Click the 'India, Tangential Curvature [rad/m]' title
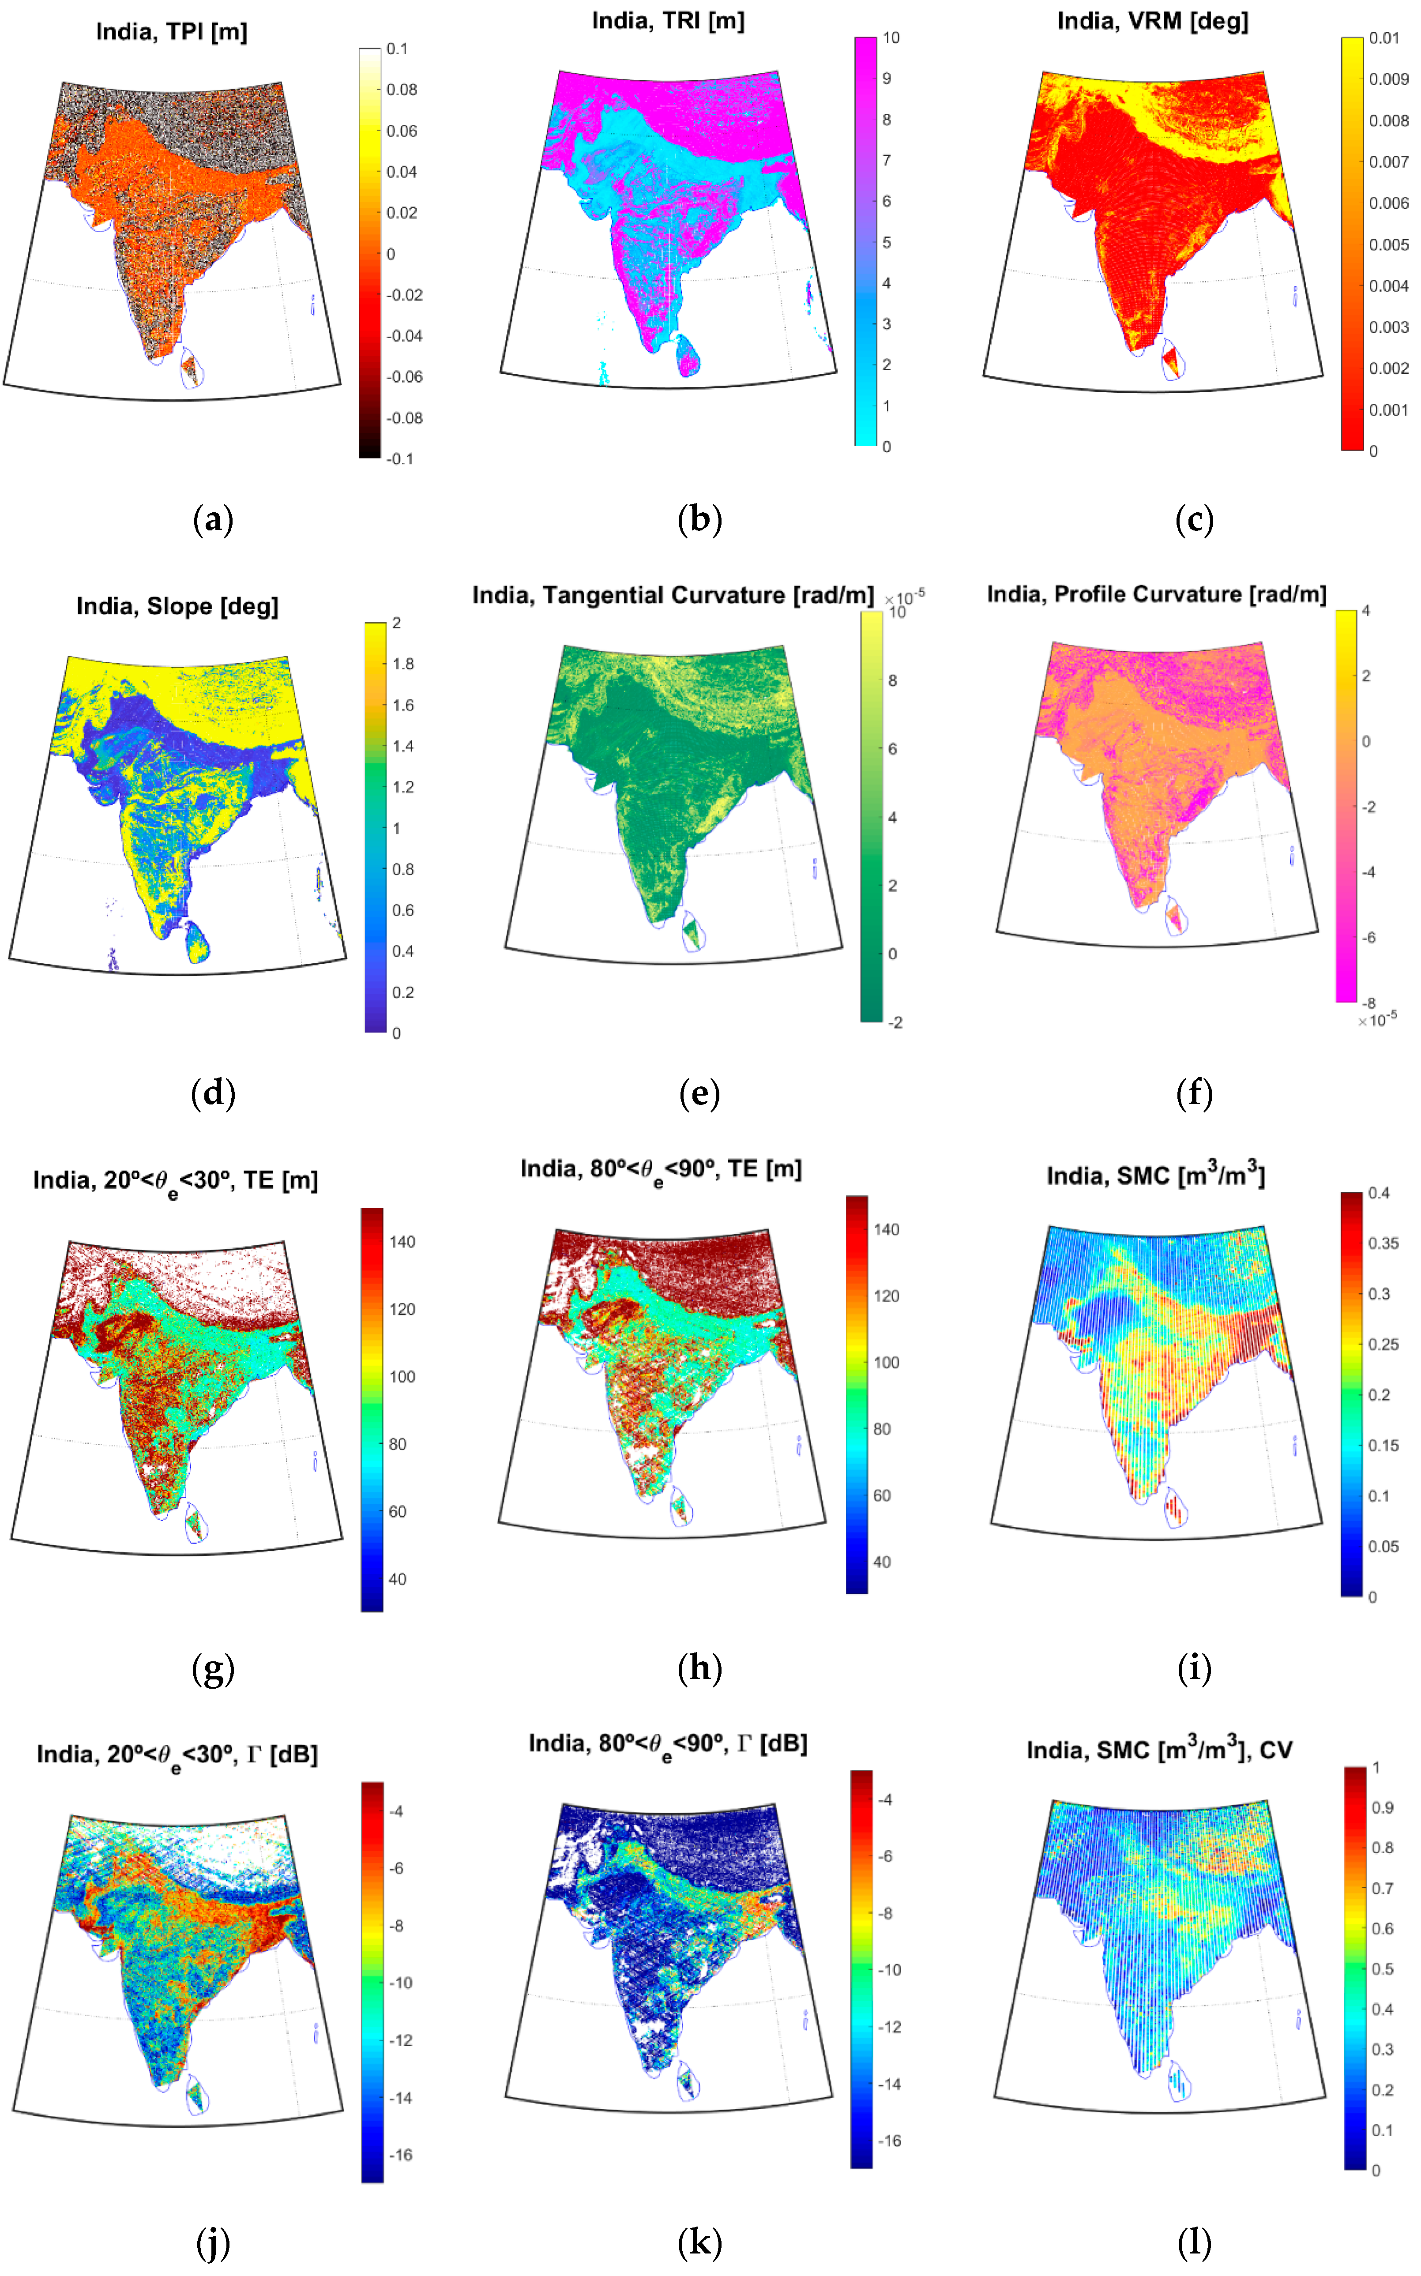click(673, 595)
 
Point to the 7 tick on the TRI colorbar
click(886, 161)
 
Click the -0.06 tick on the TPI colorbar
click(404, 377)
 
